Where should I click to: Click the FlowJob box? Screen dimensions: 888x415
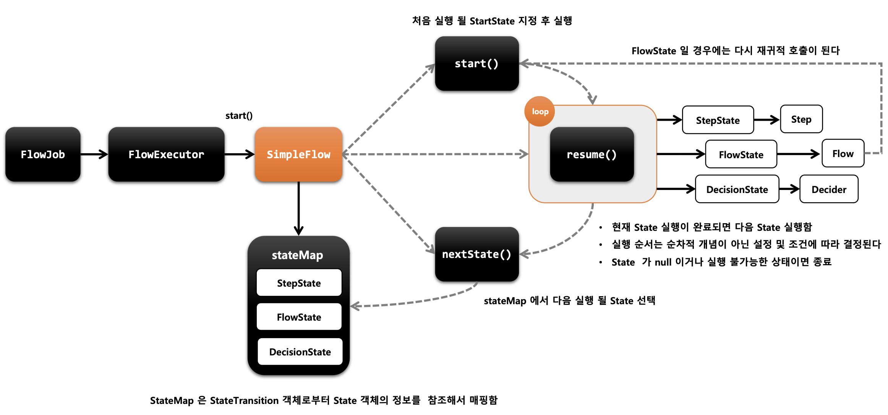43,154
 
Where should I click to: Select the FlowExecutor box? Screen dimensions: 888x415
166,154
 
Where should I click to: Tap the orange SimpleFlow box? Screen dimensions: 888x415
298,154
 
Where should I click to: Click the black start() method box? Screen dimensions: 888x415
477,63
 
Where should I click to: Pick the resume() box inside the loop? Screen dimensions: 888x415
592,154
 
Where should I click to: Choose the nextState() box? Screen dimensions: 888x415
477,254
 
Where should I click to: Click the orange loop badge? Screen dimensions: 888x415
540,111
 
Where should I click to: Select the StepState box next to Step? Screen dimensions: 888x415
718,120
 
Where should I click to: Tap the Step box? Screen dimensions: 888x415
801,119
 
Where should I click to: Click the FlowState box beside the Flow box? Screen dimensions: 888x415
741,154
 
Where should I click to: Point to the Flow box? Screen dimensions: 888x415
843,153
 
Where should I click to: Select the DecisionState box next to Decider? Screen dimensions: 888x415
737,189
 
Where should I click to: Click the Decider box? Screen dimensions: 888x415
829,189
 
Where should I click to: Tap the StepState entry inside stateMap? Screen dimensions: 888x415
299,283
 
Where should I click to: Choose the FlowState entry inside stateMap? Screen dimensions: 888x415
299,317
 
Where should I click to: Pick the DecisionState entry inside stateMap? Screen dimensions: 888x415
300,352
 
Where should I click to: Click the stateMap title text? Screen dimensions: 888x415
297,255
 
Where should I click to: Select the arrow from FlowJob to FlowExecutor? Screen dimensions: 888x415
94,154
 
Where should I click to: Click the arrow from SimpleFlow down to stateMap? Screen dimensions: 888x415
298,209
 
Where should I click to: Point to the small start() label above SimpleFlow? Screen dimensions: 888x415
239,115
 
